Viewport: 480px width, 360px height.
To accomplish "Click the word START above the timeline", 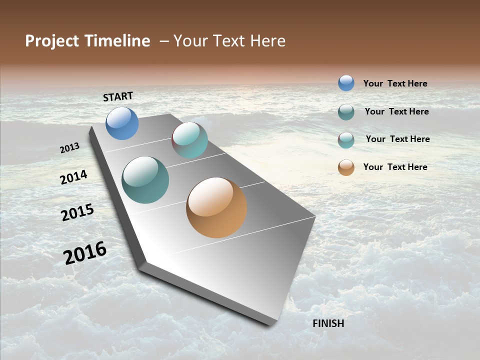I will pyautogui.click(x=118, y=96).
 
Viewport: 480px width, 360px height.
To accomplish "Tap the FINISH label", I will pyautogui.click(x=328, y=323).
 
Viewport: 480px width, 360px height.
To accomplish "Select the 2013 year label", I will pyautogui.click(x=69, y=148).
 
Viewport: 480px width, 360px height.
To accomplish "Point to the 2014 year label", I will pyautogui.click(x=73, y=177).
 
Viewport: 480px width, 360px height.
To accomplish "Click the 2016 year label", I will pyautogui.click(x=85, y=253).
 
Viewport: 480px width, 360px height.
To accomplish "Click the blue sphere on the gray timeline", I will pyautogui.click(x=122, y=123).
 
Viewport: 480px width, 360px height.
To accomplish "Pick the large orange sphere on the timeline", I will pyautogui.click(x=216, y=207).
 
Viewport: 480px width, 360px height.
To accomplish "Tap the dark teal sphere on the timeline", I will pyautogui.click(x=145, y=180).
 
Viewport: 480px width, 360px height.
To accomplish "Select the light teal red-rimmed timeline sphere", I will pyautogui.click(x=189, y=140).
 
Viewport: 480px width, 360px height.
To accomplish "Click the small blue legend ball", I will pyautogui.click(x=346, y=83).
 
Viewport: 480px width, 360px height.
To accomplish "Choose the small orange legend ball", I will pyautogui.click(x=346, y=167).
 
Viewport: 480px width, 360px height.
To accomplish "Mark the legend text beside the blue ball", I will pyautogui.click(x=395, y=84).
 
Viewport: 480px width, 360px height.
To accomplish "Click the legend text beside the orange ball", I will pyautogui.click(x=395, y=167).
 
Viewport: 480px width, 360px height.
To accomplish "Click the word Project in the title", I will pyautogui.click(x=52, y=41).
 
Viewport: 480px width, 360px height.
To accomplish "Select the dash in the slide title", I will pyautogui.click(x=164, y=41).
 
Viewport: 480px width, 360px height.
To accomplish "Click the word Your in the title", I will pyautogui.click(x=189, y=41).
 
